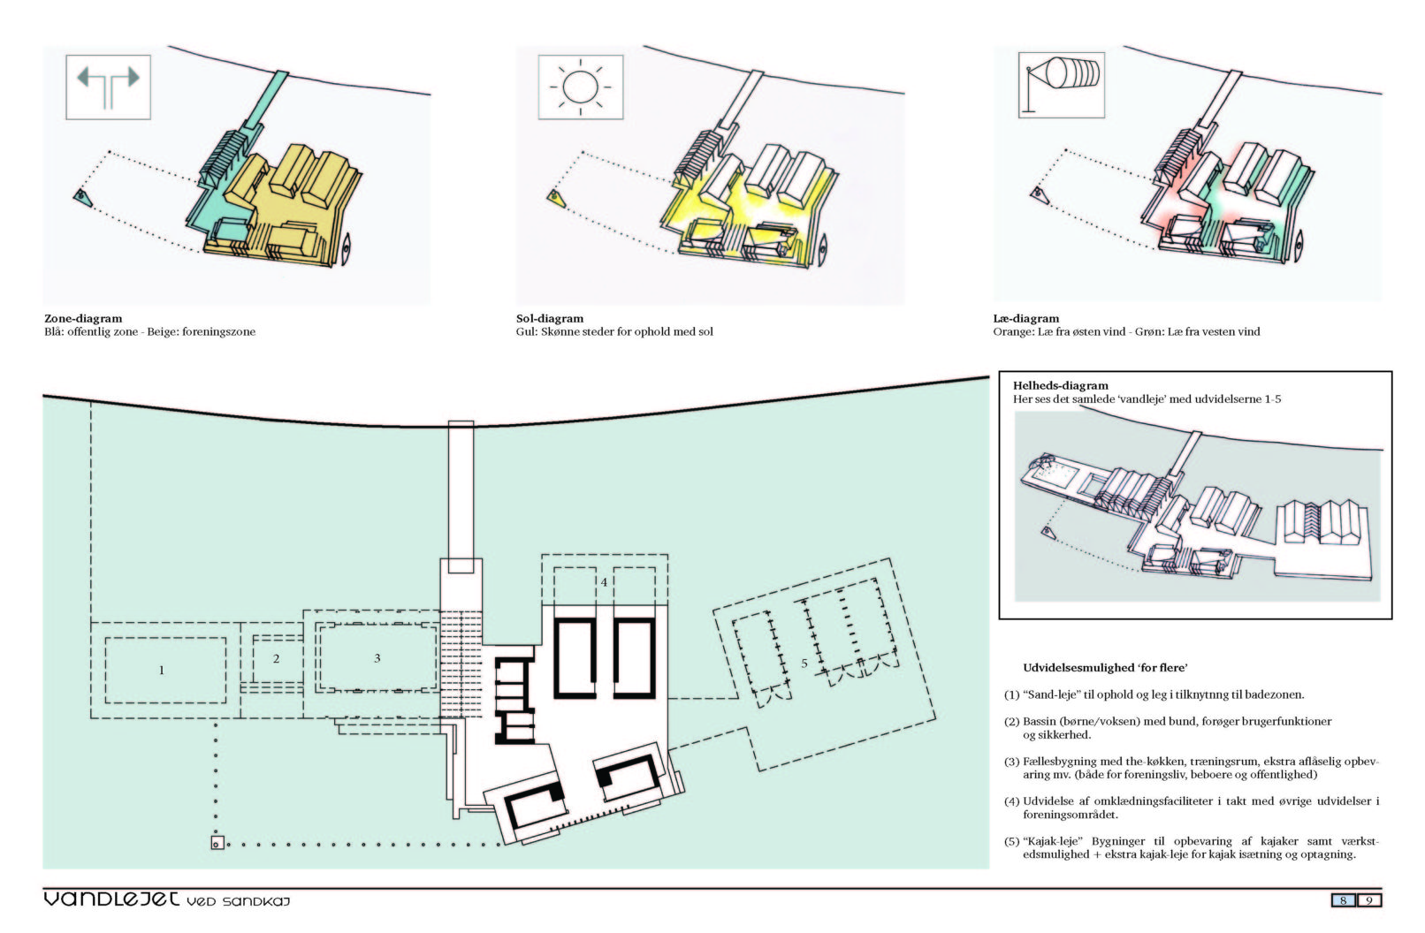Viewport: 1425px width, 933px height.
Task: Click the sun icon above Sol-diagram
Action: (580, 87)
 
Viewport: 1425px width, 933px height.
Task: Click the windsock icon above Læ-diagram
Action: (1061, 85)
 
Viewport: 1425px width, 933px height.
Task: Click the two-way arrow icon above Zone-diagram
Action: (108, 86)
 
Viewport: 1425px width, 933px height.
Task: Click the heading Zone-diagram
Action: (83, 319)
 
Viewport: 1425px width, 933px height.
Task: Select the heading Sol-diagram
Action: (550, 319)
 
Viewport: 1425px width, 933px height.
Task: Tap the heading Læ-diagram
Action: (1026, 319)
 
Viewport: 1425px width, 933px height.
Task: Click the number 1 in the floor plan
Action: (162, 670)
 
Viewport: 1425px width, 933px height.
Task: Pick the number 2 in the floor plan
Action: (276, 659)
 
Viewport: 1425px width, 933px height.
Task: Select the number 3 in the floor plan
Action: (377, 658)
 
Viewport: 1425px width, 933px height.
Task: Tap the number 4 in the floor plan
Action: (604, 582)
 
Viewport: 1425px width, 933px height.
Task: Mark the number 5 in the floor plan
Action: (804, 664)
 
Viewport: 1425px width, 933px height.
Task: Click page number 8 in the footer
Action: (1343, 900)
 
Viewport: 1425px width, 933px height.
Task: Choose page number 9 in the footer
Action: (1369, 900)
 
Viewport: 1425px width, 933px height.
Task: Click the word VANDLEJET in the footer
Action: (111, 899)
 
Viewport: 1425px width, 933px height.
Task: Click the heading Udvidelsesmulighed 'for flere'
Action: (1105, 668)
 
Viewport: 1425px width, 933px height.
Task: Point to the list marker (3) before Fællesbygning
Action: (1011, 762)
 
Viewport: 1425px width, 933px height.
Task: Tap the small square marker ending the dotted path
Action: (217, 844)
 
